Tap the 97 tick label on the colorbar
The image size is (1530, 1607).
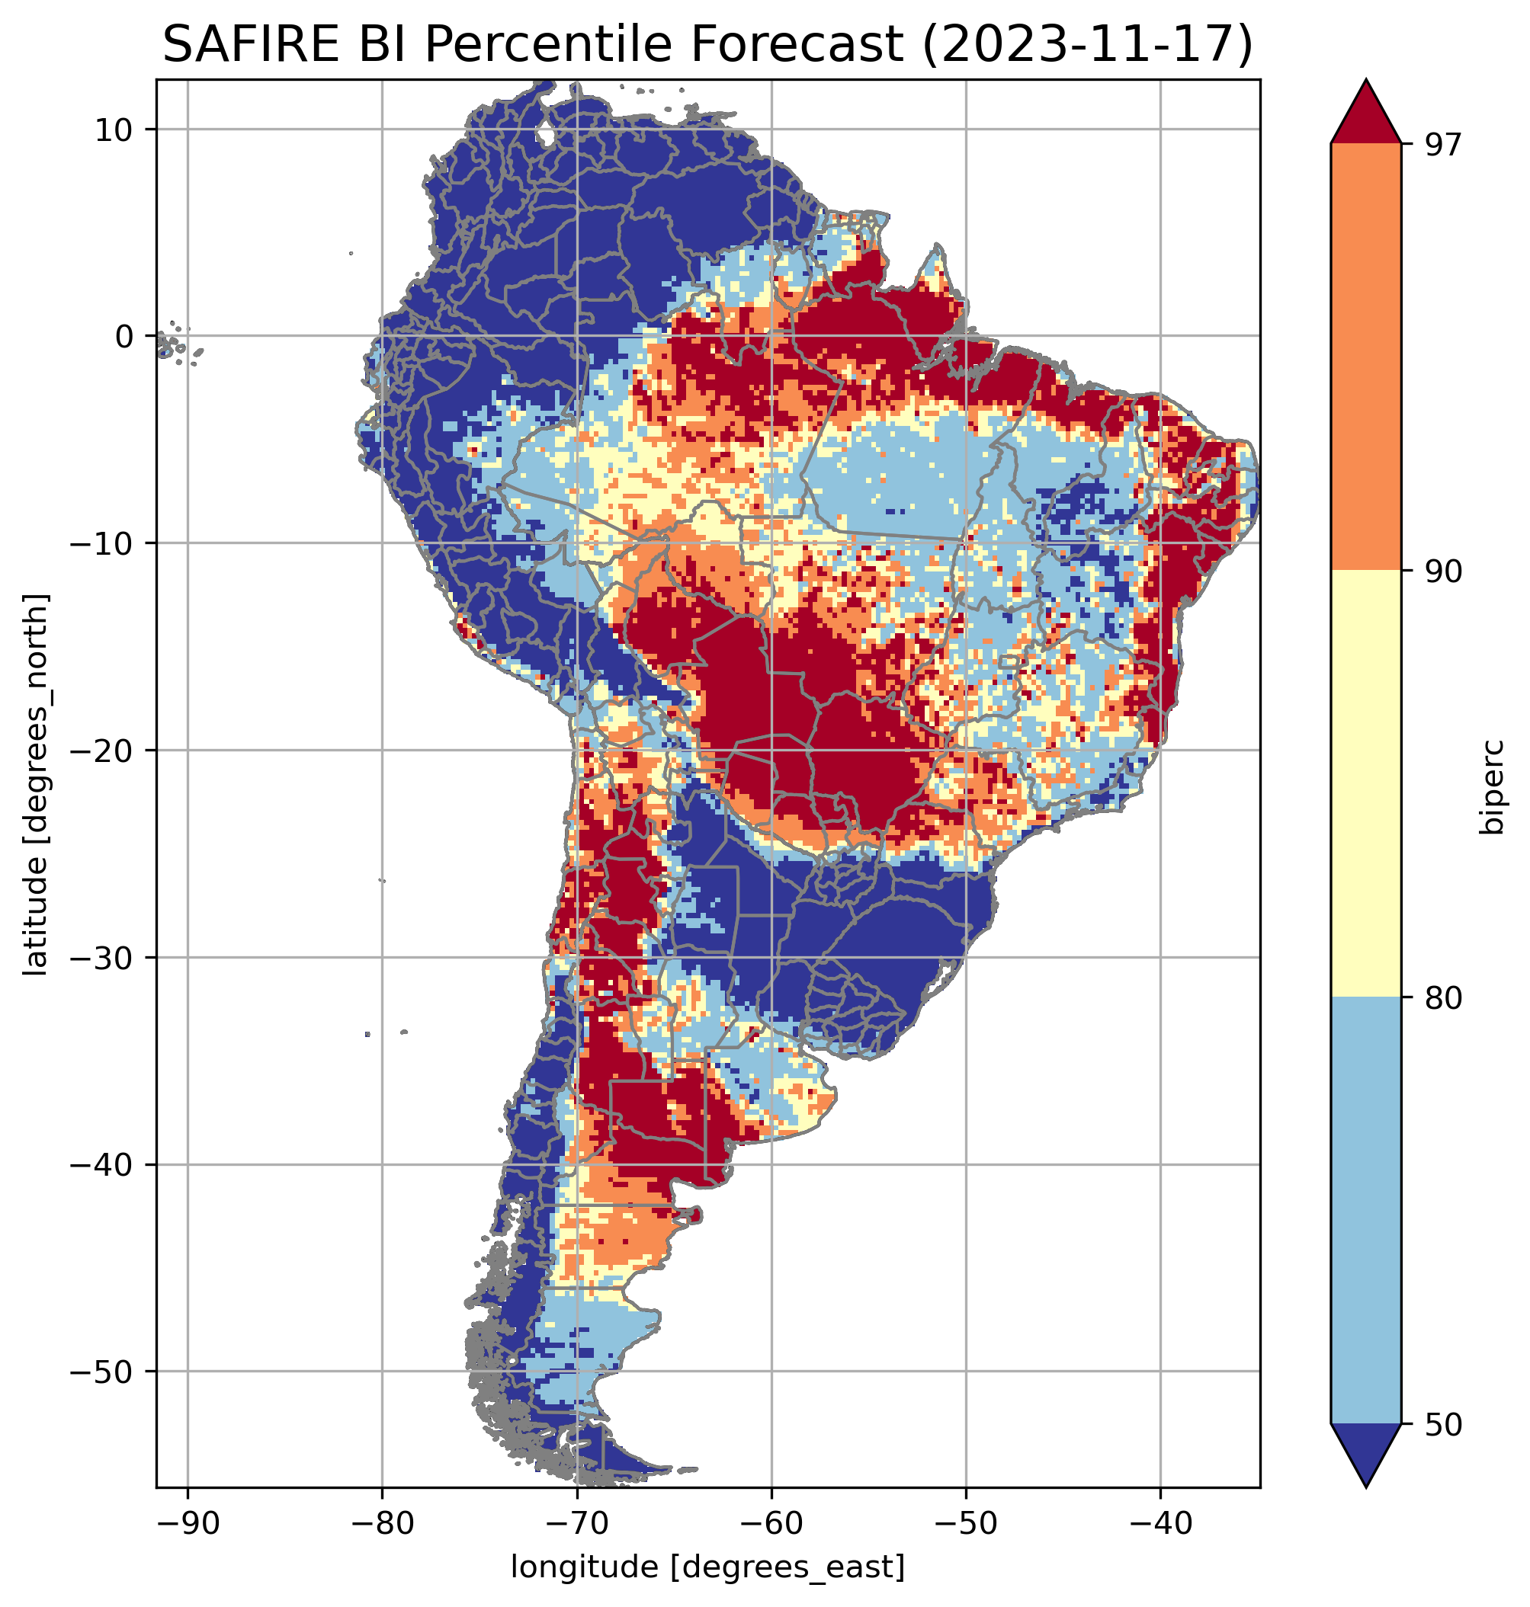click(x=1442, y=144)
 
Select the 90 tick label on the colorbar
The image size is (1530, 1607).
click(x=1442, y=571)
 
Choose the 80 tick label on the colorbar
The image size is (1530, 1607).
click(x=1442, y=998)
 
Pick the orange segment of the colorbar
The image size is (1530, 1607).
click(x=1365, y=357)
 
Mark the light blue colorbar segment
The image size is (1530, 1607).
click(x=1365, y=1211)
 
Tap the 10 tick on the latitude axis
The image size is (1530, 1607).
click(x=115, y=130)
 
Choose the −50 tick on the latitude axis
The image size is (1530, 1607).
click(x=102, y=1372)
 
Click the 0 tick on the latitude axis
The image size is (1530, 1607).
click(x=124, y=337)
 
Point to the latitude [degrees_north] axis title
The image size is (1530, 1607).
click(x=36, y=783)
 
